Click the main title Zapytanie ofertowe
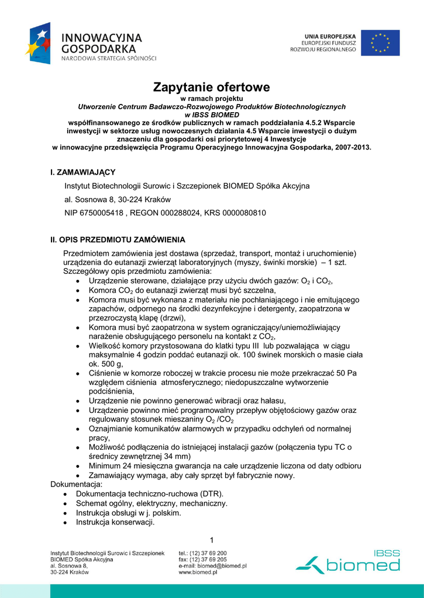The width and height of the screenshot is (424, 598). [x=212, y=88]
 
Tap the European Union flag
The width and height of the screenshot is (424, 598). [x=380, y=43]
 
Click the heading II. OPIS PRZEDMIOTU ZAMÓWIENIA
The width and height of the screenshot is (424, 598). [x=118, y=239]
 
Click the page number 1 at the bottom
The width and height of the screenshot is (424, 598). [x=212, y=538]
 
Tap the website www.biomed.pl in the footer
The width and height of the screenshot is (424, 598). [x=198, y=573]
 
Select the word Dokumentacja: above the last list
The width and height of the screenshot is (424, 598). [x=77, y=484]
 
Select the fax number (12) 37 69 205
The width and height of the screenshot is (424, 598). [x=211, y=559]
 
